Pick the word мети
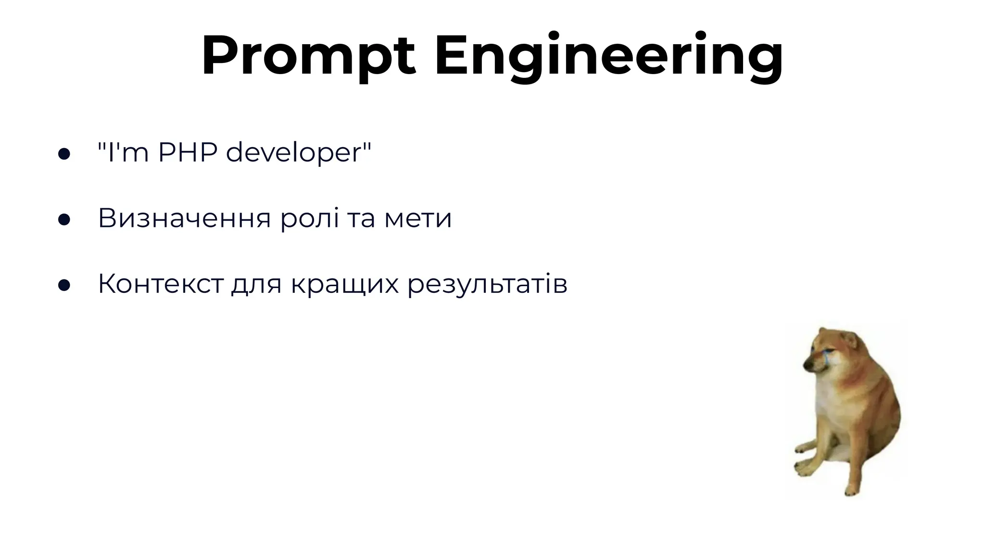coord(418,219)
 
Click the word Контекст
coord(161,284)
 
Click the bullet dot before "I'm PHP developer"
coord(64,154)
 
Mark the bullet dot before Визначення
coord(64,220)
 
